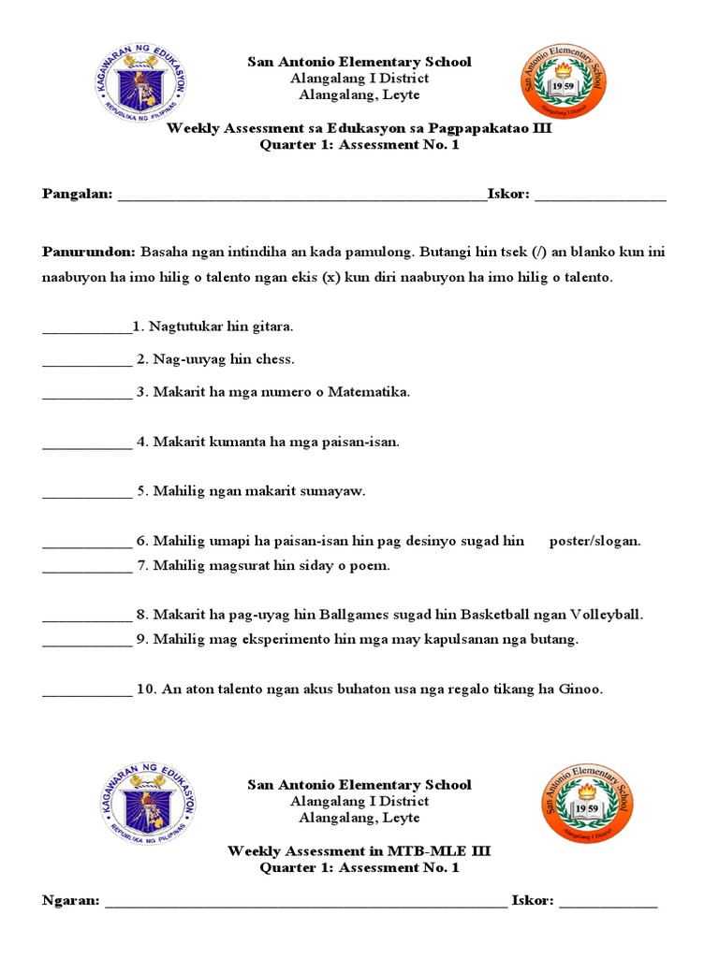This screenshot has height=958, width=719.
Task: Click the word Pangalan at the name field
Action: tap(77, 194)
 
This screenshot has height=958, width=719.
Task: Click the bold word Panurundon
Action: tap(89, 253)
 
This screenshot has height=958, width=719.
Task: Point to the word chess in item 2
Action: tap(276, 359)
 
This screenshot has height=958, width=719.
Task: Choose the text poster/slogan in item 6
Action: tap(594, 541)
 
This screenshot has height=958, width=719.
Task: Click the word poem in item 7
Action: tap(373, 565)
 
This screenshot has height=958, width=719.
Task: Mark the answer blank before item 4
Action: tap(87, 443)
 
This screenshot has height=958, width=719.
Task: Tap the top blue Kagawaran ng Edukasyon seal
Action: tap(143, 86)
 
